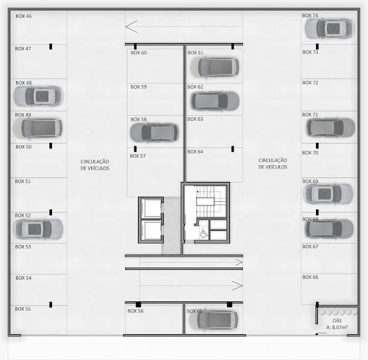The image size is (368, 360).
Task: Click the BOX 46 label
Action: pos(24,16)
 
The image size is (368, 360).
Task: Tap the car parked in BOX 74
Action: pos(329,28)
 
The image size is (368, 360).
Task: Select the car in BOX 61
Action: pos(215,67)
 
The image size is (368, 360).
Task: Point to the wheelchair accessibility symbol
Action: pos(204,233)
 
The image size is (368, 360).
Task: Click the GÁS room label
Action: pos(337,321)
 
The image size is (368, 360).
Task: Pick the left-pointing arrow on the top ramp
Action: pos(132,26)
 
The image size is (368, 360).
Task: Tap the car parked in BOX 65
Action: pos(213,320)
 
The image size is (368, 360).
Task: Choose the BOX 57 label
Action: pos(138,156)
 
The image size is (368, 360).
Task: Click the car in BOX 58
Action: pos(154,132)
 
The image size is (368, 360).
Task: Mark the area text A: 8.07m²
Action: pos(337,327)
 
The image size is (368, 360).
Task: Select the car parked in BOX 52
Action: pos(39,229)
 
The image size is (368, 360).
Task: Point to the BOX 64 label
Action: pos(195,152)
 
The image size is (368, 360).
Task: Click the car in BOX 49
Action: pos(38,128)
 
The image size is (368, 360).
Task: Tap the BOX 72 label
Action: pos(310,83)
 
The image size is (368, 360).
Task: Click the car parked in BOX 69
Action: pos(328,194)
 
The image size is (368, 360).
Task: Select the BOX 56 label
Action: pos(136,311)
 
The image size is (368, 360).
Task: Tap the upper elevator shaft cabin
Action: pos(151,208)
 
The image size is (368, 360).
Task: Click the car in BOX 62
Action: pos(215,101)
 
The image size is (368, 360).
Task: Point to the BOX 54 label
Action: pos(24,278)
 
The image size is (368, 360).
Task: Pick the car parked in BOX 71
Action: pos(331,127)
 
